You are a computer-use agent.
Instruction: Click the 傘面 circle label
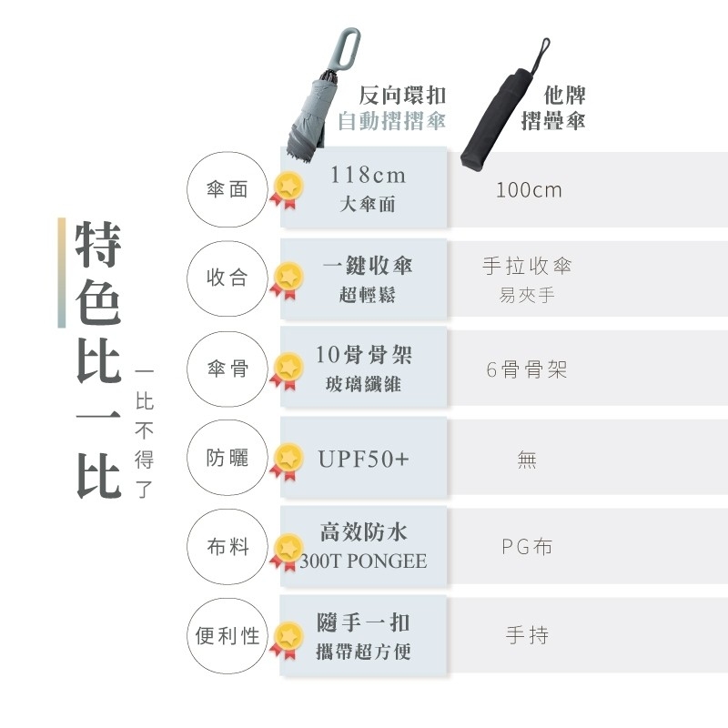pyautogui.click(x=227, y=190)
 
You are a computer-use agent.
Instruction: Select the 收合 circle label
pyautogui.click(x=227, y=278)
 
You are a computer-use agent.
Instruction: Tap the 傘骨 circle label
pyautogui.click(x=227, y=369)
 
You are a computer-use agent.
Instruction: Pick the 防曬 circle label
pyautogui.click(x=227, y=458)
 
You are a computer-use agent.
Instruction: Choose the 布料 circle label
pyautogui.click(x=227, y=547)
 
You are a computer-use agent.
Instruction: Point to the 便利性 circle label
pyautogui.click(x=227, y=635)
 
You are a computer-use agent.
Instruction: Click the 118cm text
pyautogui.click(x=368, y=175)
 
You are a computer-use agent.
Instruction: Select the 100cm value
pyautogui.click(x=529, y=190)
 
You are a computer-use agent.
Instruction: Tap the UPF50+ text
pyautogui.click(x=364, y=459)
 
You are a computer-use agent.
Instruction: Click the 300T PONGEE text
pyautogui.click(x=364, y=561)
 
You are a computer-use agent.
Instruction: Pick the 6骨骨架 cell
pyautogui.click(x=527, y=369)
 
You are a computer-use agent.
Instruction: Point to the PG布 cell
pyautogui.click(x=527, y=547)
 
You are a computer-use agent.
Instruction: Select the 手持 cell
pyautogui.click(x=527, y=635)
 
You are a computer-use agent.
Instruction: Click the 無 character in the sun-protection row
pyautogui.click(x=527, y=460)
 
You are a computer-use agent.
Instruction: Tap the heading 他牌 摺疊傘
pyautogui.click(x=552, y=108)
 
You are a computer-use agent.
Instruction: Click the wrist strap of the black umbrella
pyautogui.click(x=542, y=51)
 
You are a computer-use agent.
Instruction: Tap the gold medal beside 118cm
pyautogui.click(x=288, y=187)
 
